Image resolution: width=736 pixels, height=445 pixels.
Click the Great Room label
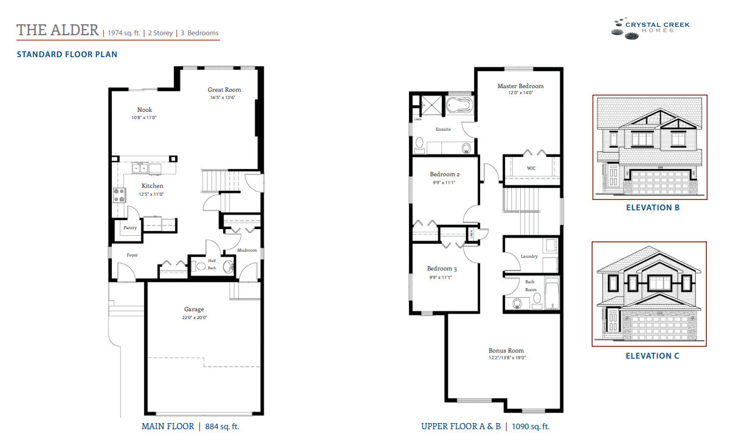pos(224,90)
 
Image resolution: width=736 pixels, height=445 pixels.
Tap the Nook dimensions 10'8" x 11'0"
pos(144,117)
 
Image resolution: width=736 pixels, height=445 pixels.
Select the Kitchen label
pos(153,186)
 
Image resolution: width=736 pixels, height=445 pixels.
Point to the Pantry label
pos(130,228)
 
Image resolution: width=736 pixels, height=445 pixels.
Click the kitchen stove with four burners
pos(119,195)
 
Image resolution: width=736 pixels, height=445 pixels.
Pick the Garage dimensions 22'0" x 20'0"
pos(194,317)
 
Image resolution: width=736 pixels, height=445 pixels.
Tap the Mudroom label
pos(247,250)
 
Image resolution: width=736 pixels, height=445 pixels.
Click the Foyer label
pos(132,255)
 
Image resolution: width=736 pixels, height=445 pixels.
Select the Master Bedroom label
pos(520,86)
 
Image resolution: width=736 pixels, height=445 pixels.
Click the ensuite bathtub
pos(460,106)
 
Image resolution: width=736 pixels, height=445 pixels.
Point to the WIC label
pos(531,168)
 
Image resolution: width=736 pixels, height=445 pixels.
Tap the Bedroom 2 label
pos(444,174)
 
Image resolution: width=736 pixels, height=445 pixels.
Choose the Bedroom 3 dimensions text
pos(442,277)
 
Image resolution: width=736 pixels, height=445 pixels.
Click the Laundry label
pos(529,257)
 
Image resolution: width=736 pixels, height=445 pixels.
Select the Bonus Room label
pos(506,351)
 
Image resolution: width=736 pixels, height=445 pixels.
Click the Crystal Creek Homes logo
pos(650,28)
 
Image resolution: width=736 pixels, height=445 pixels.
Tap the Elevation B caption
pos(652,208)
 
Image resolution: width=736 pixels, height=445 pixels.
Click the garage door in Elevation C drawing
pos(661,326)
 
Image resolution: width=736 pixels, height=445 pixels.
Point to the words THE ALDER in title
pos(58,30)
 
